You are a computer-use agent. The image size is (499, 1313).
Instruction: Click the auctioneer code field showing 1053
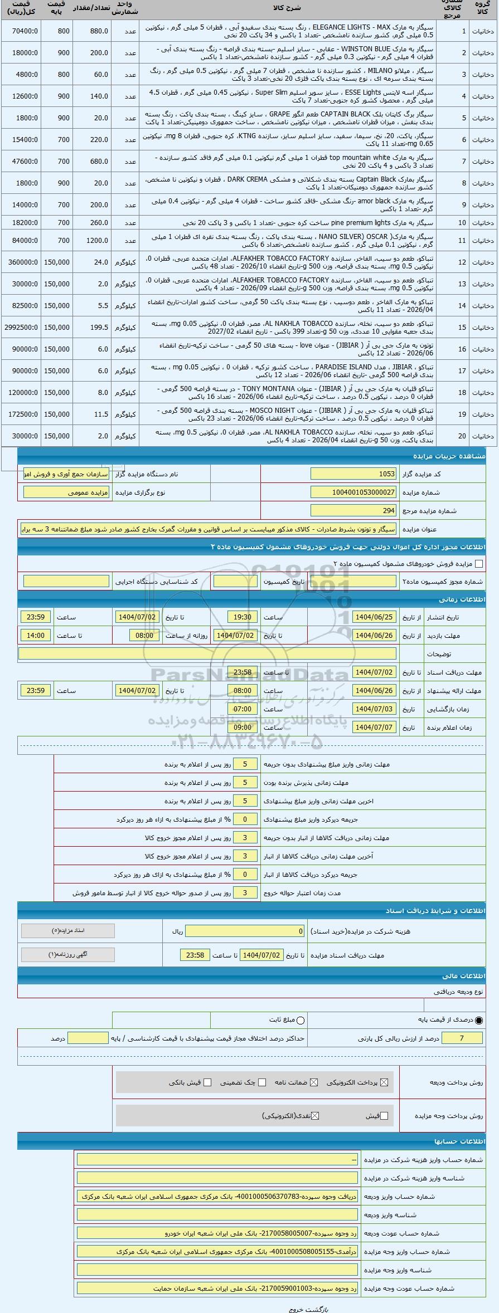(353, 474)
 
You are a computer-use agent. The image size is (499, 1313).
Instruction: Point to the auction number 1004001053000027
(353, 492)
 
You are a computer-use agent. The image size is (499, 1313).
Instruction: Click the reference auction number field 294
(353, 510)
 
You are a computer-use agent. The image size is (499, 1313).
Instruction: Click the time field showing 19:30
(243, 617)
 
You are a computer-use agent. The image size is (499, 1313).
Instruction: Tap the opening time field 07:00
(243, 709)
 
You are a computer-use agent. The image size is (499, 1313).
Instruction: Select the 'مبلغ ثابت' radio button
(301, 1020)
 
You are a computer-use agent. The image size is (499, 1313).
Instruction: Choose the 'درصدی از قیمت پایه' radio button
(479, 1020)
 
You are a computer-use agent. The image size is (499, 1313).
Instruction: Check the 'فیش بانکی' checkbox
(207, 1082)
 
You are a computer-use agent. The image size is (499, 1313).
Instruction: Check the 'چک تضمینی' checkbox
(261, 1082)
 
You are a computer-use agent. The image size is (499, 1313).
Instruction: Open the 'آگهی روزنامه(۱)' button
(68, 954)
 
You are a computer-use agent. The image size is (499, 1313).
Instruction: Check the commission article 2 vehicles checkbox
(478, 564)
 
